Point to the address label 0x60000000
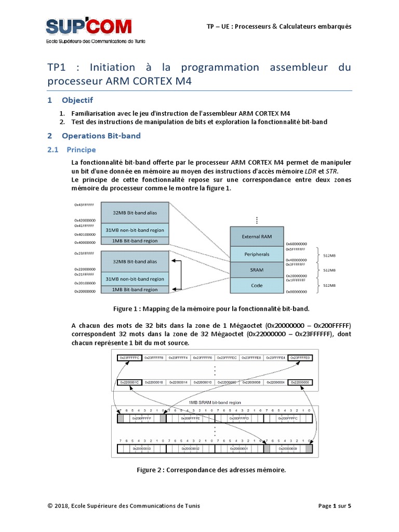(296, 244)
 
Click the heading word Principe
(81, 150)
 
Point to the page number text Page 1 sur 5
(335, 506)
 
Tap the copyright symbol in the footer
(50, 506)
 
